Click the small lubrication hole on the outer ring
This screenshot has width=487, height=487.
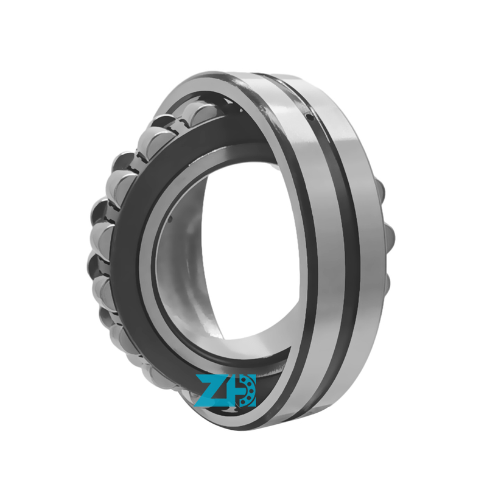[309, 116]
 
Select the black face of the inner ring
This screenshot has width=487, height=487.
[131, 243]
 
